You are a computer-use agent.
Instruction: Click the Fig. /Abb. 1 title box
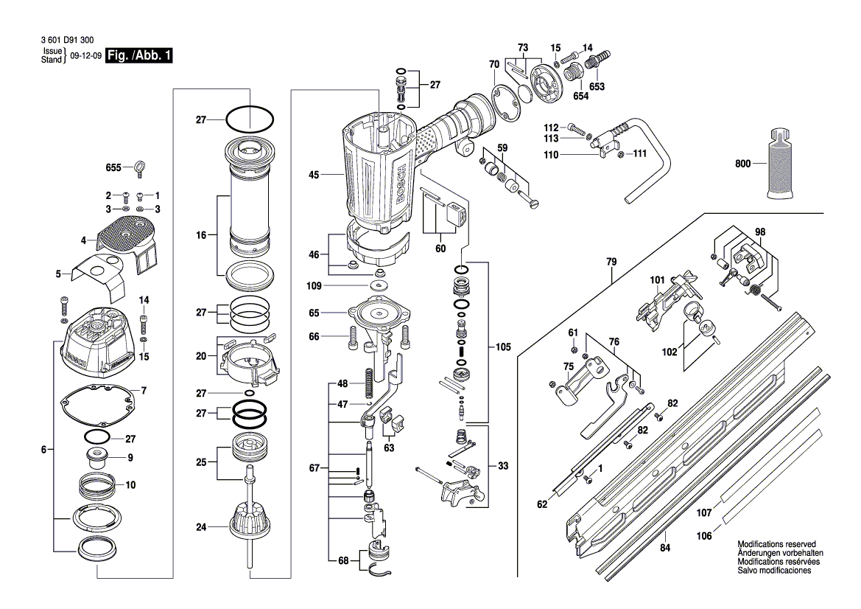click(x=140, y=56)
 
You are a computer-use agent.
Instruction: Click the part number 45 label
click(x=313, y=175)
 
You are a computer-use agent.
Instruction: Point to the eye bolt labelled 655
click(x=138, y=169)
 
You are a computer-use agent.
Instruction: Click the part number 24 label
click(x=200, y=526)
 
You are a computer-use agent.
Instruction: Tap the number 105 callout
click(x=503, y=346)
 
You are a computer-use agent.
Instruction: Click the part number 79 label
click(x=611, y=261)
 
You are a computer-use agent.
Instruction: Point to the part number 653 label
click(x=597, y=86)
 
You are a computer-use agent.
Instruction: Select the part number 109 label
click(x=314, y=285)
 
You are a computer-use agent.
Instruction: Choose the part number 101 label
click(x=657, y=280)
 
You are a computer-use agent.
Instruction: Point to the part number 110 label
click(x=550, y=155)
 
